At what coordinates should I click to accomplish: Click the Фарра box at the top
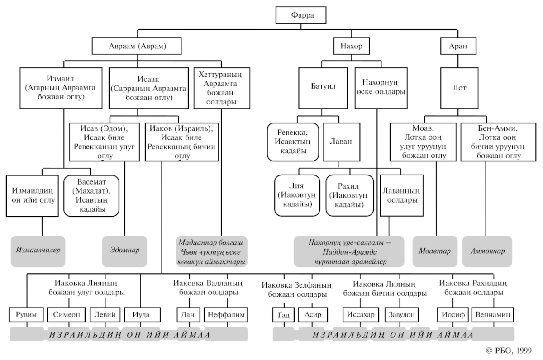pos(301,16)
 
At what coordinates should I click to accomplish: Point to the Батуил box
pos(323,88)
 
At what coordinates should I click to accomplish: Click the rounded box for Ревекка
pos(293,142)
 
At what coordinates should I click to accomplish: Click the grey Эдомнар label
pos(124,250)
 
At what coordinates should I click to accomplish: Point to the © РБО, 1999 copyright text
pos(509,350)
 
